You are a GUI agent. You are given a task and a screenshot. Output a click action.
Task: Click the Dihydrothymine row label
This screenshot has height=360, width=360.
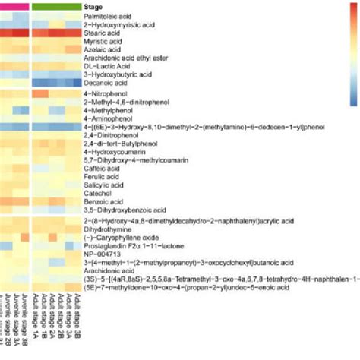[103, 227]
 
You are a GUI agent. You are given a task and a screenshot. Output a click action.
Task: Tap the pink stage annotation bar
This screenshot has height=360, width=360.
[14, 6]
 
